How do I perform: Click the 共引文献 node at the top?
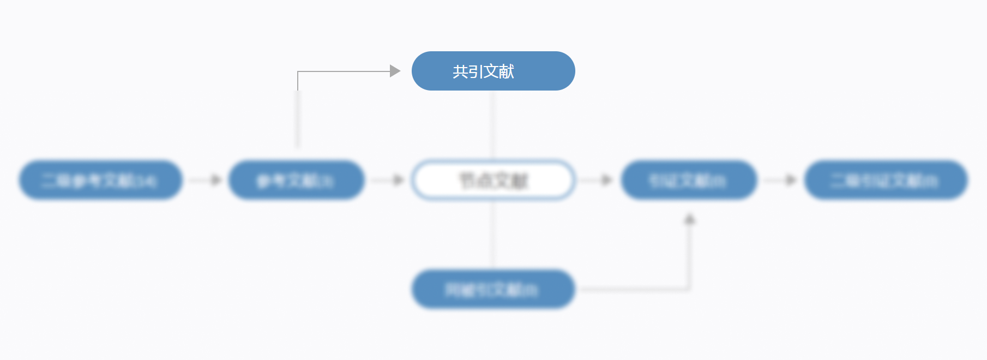click(x=493, y=71)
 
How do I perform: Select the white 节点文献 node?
click(x=493, y=180)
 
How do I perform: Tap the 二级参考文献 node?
click(x=100, y=180)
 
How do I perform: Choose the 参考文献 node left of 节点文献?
click(x=296, y=180)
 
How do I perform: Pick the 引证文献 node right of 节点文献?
click(x=688, y=180)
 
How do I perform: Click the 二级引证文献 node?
click(x=886, y=180)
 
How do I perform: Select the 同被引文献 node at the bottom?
click(x=493, y=289)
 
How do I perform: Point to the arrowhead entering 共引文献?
click(x=395, y=71)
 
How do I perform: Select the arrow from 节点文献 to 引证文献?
click(x=597, y=180)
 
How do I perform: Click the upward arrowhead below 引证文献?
click(x=690, y=219)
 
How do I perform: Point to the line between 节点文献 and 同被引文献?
click(x=493, y=235)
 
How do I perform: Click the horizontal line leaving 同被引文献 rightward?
click(x=633, y=289)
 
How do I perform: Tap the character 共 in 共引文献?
click(x=460, y=71)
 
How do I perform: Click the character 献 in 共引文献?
click(x=507, y=71)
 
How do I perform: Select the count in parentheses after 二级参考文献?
click(x=146, y=181)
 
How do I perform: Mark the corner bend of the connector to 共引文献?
click(x=298, y=71)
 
